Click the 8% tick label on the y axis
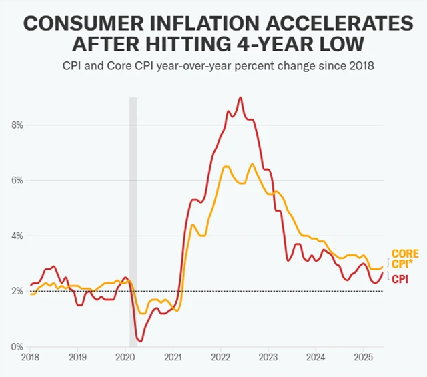tap(18, 125)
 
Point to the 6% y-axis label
tap(18, 180)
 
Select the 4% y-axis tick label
tap(18, 236)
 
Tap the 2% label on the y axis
tap(18, 291)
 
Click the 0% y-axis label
tap(18, 347)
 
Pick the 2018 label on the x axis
tap(30, 358)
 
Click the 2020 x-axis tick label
tap(125, 358)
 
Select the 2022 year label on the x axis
tap(221, 358)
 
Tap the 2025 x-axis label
tap(364, 358)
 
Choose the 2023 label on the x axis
tap(268, 358)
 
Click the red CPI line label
tap(400, 279)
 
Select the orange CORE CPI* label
tap(404, 258)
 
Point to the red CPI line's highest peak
tap(240, 97)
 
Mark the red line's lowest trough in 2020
tap(140, 341)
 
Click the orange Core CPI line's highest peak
tap(252, 164)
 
